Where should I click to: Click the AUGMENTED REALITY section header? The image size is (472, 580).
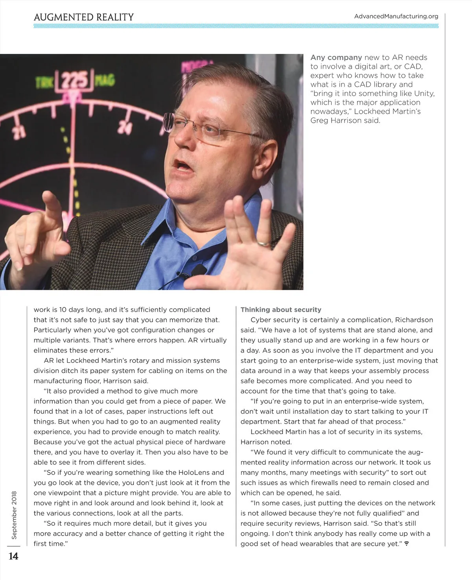(x=84, y=17)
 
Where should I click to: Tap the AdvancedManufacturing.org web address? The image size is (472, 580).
(x=396, y=17)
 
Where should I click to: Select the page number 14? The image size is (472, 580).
(x=13, y=556)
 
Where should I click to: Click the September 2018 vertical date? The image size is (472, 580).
(x=14, y=515)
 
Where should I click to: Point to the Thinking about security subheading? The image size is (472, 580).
(x=281, y=310)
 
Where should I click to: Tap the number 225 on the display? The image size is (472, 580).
(x=76, y=81)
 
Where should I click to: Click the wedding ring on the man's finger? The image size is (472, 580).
(x=263, y=243)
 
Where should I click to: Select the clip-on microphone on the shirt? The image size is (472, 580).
(x=199, y=270)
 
